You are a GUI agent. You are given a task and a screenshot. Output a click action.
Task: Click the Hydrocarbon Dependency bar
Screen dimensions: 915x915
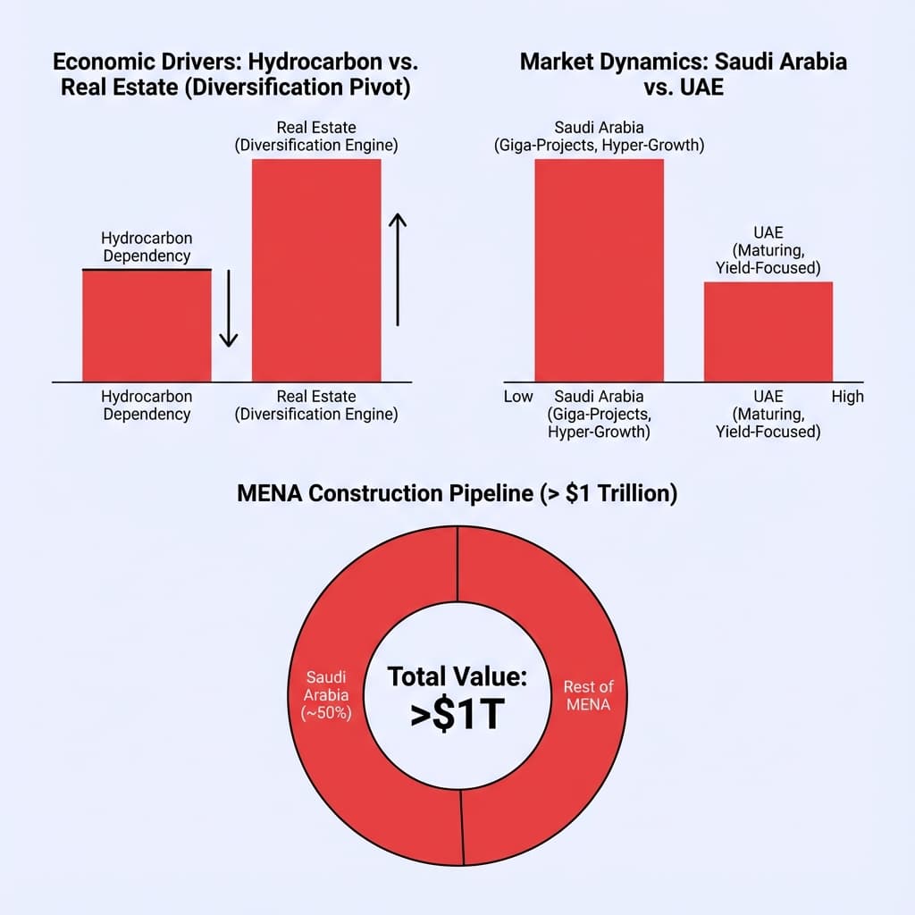pyautogui.click(x=147, y=325)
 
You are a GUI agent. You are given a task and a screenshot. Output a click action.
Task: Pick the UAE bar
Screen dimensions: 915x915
pyautogui.click(x=768, y=332)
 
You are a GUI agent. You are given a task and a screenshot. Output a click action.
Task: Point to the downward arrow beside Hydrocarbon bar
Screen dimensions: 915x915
pyautogui.click(x=228, y=308)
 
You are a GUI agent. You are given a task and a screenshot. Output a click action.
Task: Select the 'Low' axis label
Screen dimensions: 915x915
pyautogui.click(x=518, y=396)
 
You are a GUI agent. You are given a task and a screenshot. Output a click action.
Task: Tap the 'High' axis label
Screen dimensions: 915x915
pyautogui.click(x=847, y=396)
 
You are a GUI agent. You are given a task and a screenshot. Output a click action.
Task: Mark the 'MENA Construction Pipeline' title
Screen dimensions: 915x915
pyautogui.click(x=457, y=493)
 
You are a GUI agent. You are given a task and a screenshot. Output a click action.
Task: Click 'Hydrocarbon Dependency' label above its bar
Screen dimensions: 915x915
pyautogui.click(x=147, y=248)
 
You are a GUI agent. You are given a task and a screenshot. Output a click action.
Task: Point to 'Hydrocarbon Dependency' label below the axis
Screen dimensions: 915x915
pyautogui.click(x=147, y=405)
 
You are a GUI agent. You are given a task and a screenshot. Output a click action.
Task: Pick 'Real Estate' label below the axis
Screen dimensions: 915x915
pyautogui.click(x=316, y=405)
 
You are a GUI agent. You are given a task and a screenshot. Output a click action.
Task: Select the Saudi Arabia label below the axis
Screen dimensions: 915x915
pyautogui.click(x=599, y=414)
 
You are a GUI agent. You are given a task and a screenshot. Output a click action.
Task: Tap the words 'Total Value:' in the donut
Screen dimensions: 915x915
pyautogui.click(x=457, y=676)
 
